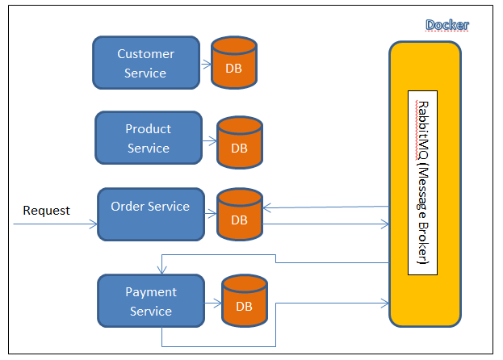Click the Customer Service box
click(x=146, y=62)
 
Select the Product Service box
click(x=149, y=138)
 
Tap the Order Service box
click(x=151, y=214)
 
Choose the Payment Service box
click(x=151, y=301)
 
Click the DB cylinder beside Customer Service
click(x=234, y=62)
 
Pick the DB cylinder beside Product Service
click(x=240, y=142)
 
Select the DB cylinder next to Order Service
click(x=240, y=214)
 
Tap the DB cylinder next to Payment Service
click(x=244, y=301)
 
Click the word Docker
click(x=447, y=25)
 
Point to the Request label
click(x=47, y=211)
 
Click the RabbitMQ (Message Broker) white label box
click(x=422, y=182)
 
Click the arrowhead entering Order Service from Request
click(x=94, y=224)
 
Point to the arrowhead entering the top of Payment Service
click(x=162, y=270)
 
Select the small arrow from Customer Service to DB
click(x=206, y=65)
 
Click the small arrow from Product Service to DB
click(x=210, y=141)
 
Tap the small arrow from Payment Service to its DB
click(x=213, y=303)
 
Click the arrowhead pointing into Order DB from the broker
click(x=267, y=207)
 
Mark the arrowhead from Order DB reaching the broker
click(x=385, y=224)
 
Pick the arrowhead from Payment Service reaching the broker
click(x=385, y=303)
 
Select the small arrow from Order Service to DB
click(x=211, y=214)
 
